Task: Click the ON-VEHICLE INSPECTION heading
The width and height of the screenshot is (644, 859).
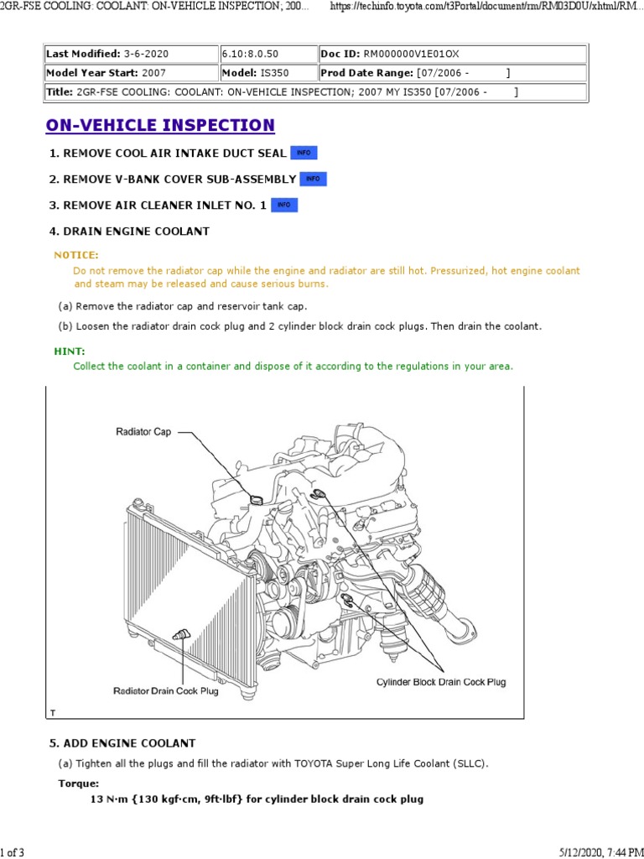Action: point(160,126)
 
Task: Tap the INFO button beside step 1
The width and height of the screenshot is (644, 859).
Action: point(304,153)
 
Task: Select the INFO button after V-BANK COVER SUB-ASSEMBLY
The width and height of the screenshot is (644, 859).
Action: point(313,179)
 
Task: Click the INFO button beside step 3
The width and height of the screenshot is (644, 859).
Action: point(284,205)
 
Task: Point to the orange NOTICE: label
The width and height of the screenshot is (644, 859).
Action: point(76,255)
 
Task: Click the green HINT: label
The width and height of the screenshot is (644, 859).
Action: point(70,351)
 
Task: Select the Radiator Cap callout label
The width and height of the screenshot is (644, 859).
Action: point(144,432)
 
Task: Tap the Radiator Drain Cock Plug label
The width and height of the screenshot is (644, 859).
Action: point(165,691)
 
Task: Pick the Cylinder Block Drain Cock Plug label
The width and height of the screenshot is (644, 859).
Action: point(441,682)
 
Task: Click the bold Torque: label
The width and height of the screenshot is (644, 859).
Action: point(79,783)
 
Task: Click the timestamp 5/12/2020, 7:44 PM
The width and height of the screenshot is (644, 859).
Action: point(595,852)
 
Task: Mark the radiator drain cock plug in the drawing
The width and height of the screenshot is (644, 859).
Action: point(179,635)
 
